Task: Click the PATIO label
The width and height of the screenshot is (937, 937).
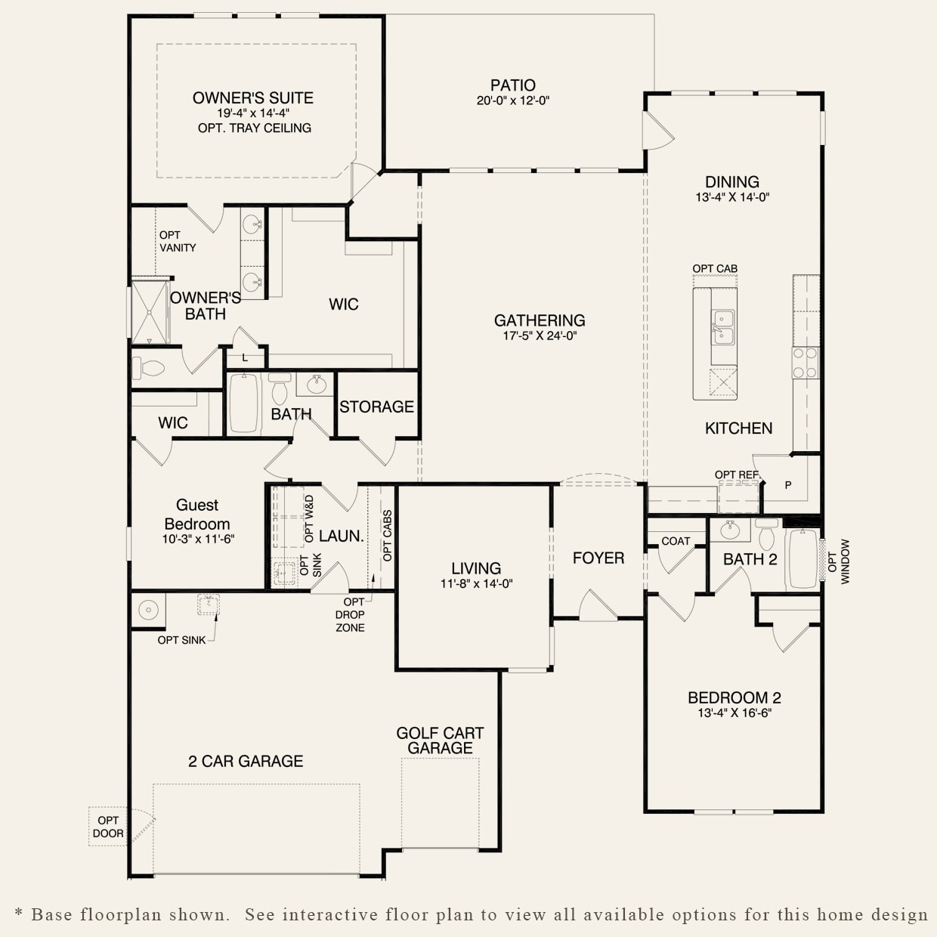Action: [x=512, y=85]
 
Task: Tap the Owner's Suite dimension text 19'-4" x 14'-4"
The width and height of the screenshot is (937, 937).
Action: [x=253, y=113]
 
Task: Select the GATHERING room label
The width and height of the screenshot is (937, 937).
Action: [x=540, y=320]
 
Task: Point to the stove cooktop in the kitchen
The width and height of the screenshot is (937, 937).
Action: [x=806, y=363]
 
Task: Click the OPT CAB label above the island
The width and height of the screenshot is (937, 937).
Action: [x=715, y=268]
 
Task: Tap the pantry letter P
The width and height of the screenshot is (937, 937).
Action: [x=788, y=485]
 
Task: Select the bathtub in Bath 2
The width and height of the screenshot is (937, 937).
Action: [x=802, y=559]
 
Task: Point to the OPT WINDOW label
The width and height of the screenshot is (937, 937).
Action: [x=839, y=561]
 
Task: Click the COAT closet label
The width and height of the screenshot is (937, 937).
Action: [x=676, y=541]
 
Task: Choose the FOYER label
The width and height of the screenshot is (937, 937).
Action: [x=598, y=558]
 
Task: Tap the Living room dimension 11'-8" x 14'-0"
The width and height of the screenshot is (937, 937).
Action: [x=476, y=583]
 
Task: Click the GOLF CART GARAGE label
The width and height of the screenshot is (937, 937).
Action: [x=440, y=741]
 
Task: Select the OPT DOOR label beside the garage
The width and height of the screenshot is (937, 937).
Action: [x=108, y=827]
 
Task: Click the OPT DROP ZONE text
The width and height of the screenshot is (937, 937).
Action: [x=350, y=614]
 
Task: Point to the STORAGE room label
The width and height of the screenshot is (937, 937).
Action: [x=376, y=407]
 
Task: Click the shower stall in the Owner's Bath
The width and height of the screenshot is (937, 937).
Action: [x=149, y=311]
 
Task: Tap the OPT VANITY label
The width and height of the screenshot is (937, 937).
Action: [x=177, y=241]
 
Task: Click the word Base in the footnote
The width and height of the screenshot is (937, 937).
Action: [x=53, y=914]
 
